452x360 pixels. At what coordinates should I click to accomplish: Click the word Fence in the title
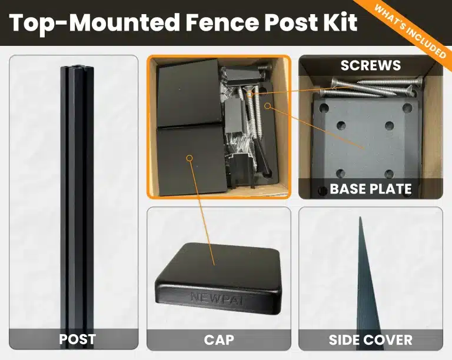[x=222, y=22]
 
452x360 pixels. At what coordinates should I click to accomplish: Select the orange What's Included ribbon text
[x=410, y=32]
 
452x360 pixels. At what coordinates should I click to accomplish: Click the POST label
[x=77, y=339]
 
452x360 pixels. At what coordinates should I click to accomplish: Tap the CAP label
[x=219, y=340]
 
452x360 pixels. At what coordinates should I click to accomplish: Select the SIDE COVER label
[x=370, y=340]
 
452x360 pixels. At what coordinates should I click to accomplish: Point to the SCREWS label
[x=371, y=65]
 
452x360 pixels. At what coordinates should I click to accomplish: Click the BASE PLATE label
[x=370, y=189]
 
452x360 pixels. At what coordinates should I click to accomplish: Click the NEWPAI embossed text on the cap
[x=217, y=298]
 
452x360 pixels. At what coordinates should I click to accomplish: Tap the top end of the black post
[x=77, y=68]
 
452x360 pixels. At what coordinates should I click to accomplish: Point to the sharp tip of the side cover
[x=360, y=218]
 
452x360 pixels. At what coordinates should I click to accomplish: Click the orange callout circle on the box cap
[x=190, y=158]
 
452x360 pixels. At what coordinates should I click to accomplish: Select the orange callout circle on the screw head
[x=250, y=94]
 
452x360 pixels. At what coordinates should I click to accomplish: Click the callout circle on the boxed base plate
[x=268, y=106]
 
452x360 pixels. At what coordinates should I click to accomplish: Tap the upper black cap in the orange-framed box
[x=190, y=92]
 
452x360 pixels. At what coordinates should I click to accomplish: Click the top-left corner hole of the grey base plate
[x=324, y=108]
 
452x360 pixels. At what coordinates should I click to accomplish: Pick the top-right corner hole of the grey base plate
[x=407, y=108]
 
